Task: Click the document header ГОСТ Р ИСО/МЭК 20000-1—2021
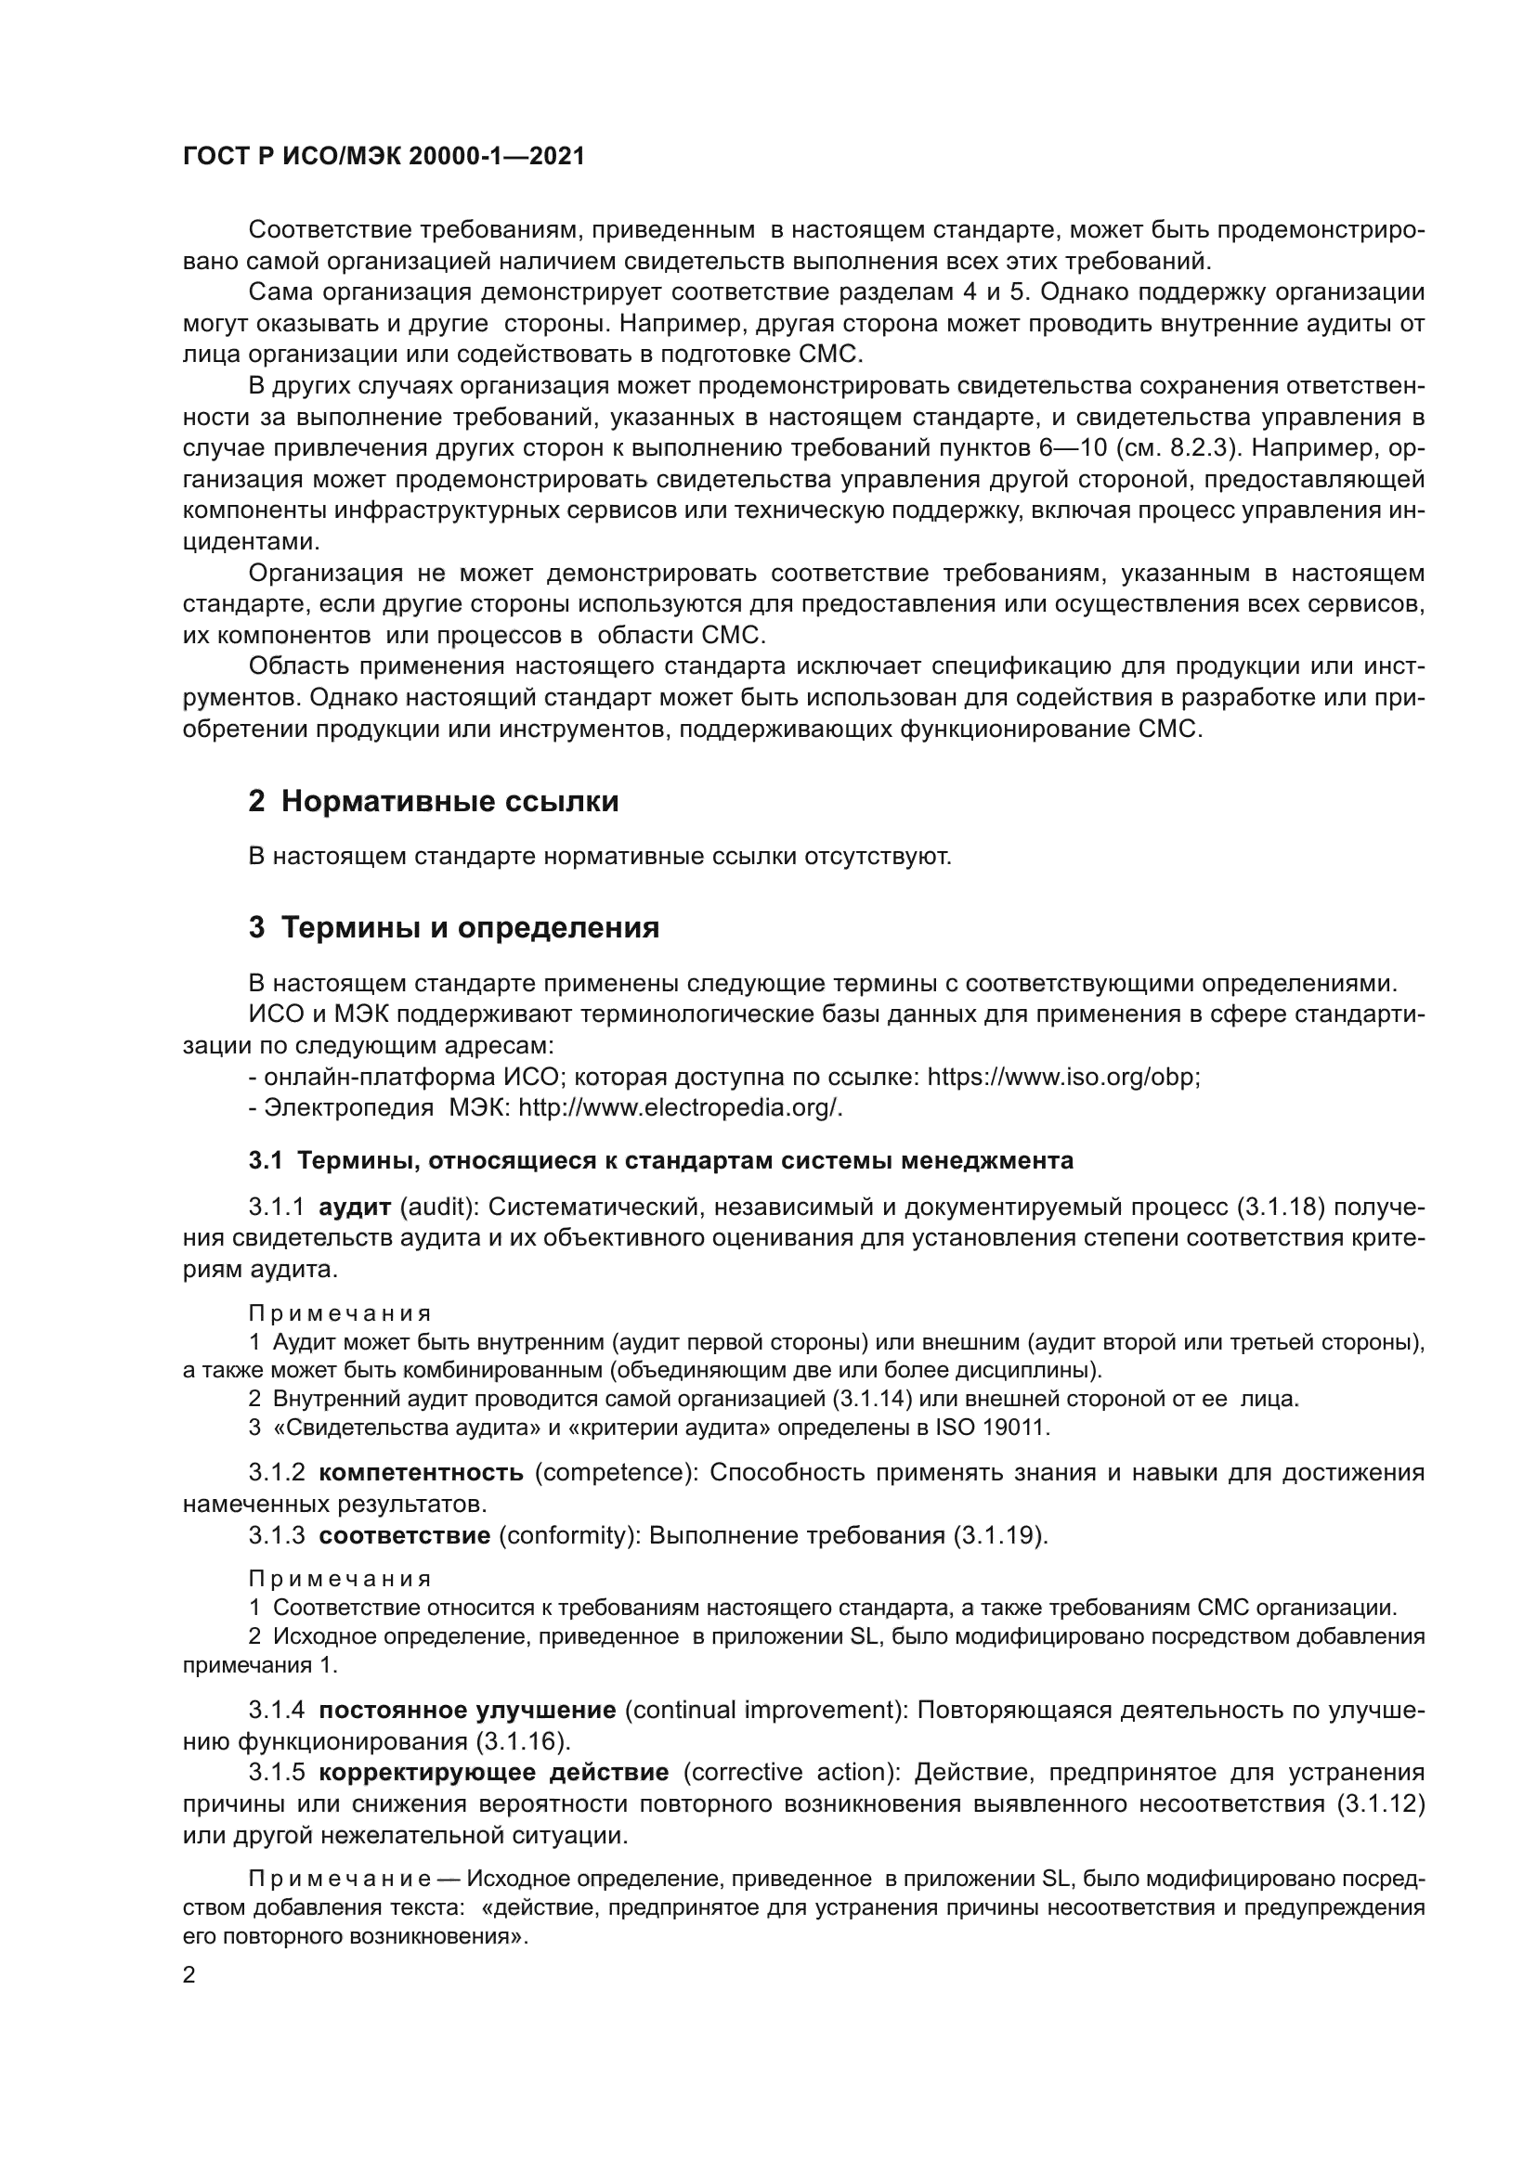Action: coord(383,157)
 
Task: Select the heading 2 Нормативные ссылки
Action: coord(433,802)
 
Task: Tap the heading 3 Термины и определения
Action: coord(454,927)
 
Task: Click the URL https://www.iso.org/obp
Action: coord(1062,1078)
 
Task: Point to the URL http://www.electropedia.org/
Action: coord(679,1108)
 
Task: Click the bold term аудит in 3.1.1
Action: coord(355,1208)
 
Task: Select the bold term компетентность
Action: coord(421,1473)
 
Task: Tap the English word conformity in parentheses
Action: coord(564,1535)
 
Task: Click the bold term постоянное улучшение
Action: coord(467,1711)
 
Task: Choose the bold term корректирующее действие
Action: coord(493,1773)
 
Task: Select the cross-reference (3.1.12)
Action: coord(1380,1804)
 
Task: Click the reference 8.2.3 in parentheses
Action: coord(1201,448)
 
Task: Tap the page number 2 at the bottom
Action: coord(189,1975)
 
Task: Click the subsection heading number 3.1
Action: coord(266,1161)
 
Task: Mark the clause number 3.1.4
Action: coord(276,1711)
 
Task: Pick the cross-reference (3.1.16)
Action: coord(521,1741)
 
